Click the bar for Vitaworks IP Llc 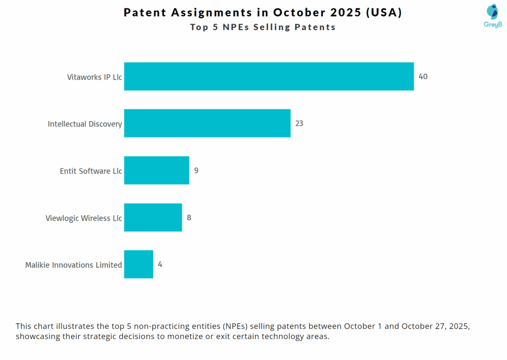click(269, 76)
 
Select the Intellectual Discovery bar click(207, 123)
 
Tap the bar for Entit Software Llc click(156, 170)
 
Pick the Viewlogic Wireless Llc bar click(153, 217)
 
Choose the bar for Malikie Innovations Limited click(139, 264)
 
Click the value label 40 click(423, 77)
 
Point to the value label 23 click(299, 123)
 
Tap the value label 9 click(196, 170)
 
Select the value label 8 click(189, 217)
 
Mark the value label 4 click(160, 264)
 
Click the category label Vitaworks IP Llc click(95, 77)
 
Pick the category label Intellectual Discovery click(85, 124)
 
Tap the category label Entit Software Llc click(91, 171)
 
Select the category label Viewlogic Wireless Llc click(84, 218)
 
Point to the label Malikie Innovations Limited click(73, 265)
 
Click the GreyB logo click(492, 15)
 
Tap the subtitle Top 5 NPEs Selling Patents click(263, 27)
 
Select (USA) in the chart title click(384, 13)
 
